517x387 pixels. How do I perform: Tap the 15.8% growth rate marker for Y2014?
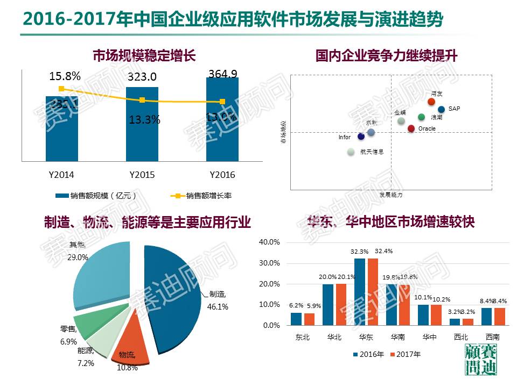tap(61, 89)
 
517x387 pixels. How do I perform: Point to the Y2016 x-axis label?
tap(222, 175)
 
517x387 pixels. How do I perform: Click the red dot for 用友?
tap(431, 102)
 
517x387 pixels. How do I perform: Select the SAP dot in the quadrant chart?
tap(442, 109)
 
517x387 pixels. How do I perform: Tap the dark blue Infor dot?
tap(361, 137)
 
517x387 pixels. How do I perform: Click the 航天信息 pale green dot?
tap(351, 152)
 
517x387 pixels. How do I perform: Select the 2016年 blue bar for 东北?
tap(296, 319)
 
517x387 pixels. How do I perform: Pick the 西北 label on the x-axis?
tap(460, 338)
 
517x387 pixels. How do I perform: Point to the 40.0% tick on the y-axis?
tap(270, 242)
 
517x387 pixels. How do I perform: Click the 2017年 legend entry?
tap(405, 354)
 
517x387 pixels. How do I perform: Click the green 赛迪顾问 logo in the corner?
tap(480, 360)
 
